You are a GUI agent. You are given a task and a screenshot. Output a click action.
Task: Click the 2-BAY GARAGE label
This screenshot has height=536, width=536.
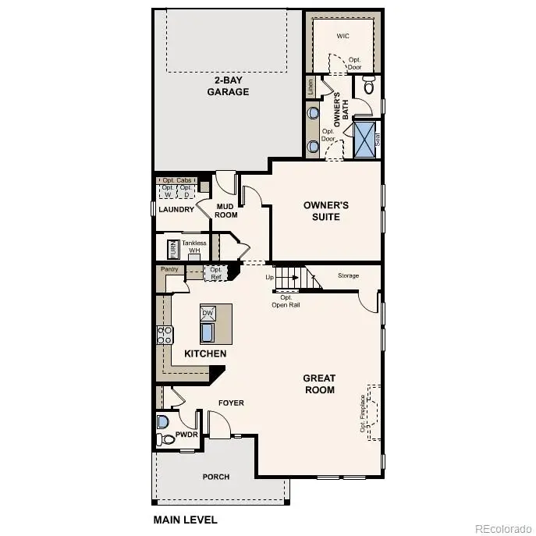pyautogui.click(x=228, y=86)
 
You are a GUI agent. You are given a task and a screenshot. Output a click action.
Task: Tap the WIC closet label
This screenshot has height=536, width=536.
pyautogui.click(x=343, y=37)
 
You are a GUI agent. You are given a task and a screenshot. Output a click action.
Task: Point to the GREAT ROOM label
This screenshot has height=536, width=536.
pyautogui.click(x=319, y=384)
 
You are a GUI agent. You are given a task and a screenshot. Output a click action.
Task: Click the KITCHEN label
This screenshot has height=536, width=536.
pyautogui.click(x=205, y=353)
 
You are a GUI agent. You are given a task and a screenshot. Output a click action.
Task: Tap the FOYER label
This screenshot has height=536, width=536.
pyautogui.click(x=231, y=403)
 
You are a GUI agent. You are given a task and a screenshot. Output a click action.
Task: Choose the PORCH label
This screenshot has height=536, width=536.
pyautogui.click(x=216, y=477)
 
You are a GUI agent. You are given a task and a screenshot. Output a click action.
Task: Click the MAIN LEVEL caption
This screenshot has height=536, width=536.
pyautogui.click(x=185, y=519)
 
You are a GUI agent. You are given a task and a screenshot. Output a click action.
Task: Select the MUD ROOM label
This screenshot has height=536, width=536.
pyautogui.click(x=226, y=211)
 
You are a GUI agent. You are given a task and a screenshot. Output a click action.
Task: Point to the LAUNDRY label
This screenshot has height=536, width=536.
pyautogui.click(x=176, y=209)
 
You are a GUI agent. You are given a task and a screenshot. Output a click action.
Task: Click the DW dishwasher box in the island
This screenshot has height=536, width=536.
pyautogui.click(x=208, y=313)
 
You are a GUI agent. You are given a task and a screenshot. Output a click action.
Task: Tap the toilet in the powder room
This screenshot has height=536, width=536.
pyautogui.click(x=162, y=422)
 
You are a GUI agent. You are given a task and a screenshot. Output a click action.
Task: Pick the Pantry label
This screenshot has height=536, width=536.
pyautogui.click(x=170, y=269)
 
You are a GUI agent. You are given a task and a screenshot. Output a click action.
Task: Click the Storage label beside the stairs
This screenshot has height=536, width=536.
pyautogui.click(x=348, y=275)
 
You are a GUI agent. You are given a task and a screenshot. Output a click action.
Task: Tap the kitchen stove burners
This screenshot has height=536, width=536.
pyautogui.click(x=165, y=335)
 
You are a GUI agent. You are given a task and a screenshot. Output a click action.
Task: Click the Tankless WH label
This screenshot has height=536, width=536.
pyautogui.click(x=193, y=247)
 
